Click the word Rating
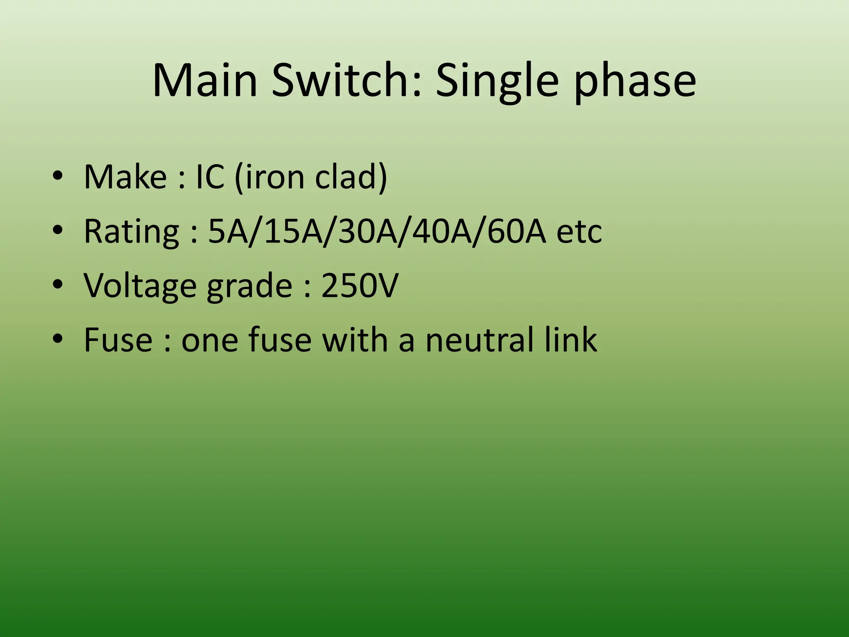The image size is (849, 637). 131,232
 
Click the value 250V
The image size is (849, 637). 359,286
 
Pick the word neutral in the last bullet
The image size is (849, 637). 479,340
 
